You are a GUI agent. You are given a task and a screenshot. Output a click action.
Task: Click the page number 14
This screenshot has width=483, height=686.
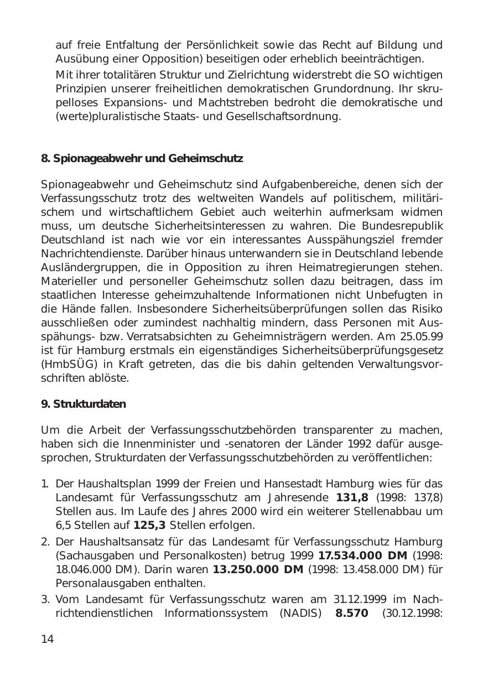(x=48, y=640)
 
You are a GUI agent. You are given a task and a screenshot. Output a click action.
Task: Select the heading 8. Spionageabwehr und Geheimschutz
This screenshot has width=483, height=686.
(x=142, y=159)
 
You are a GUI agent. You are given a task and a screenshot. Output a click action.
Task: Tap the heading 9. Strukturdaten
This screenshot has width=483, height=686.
(x=84, y=404)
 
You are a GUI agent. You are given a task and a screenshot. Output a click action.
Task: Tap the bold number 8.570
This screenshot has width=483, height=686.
(x=352, y=613)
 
